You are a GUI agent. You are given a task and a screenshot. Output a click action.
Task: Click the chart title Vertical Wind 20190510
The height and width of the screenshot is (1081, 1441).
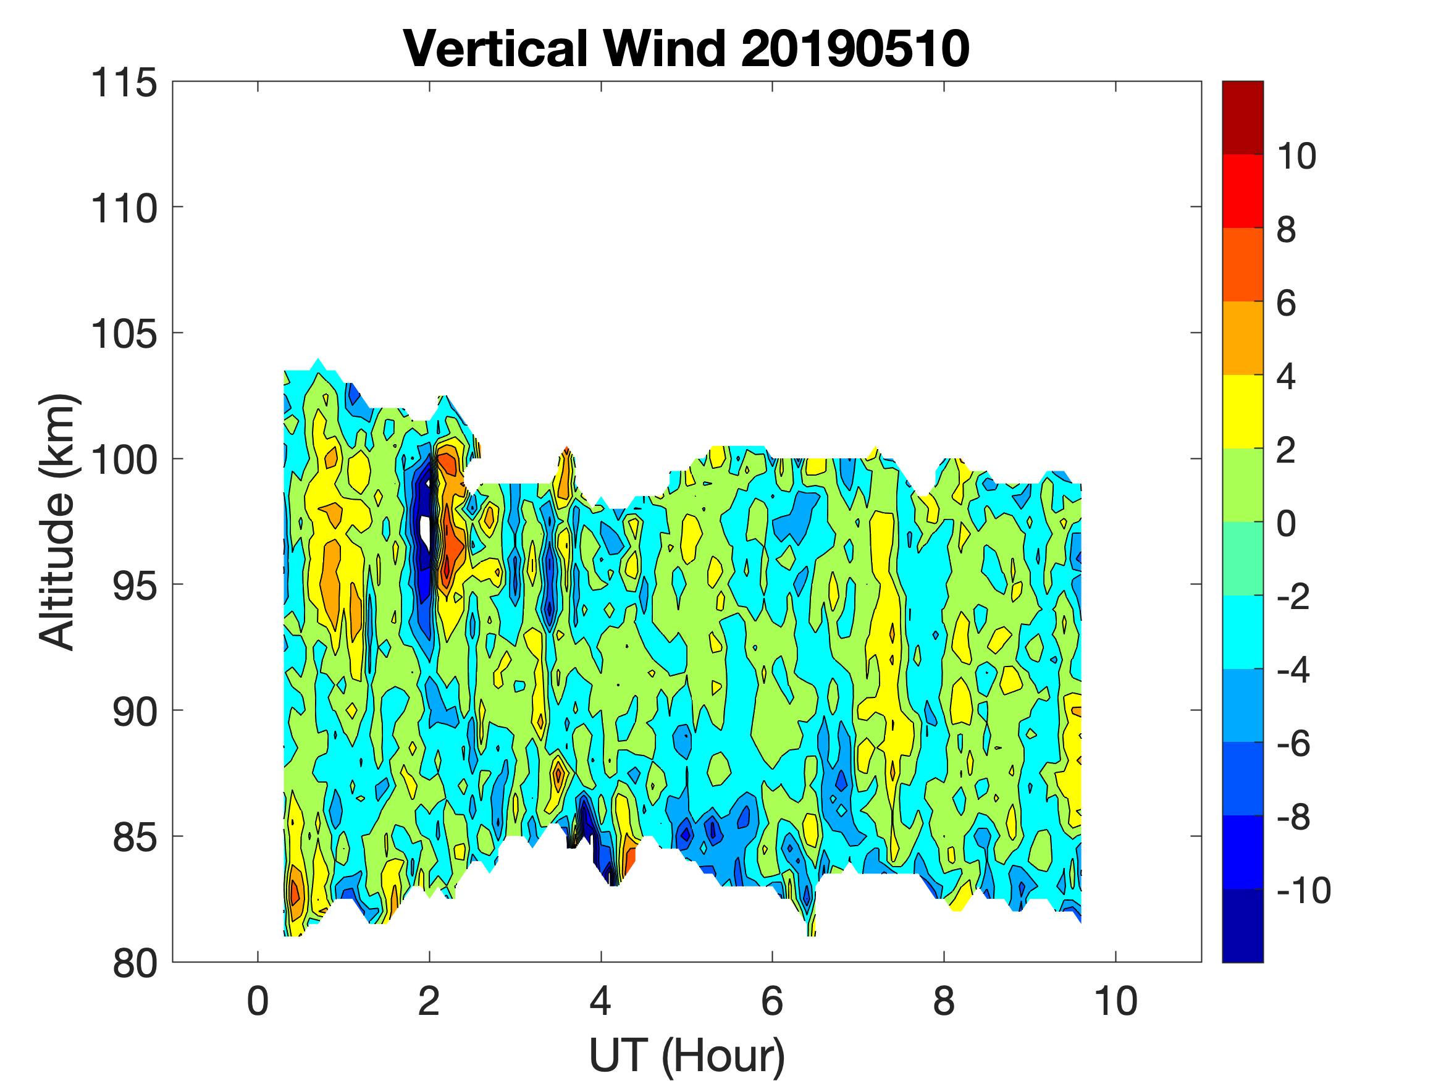[686, 49]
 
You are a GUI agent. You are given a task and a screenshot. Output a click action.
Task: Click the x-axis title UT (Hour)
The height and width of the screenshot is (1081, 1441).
[687, 1056]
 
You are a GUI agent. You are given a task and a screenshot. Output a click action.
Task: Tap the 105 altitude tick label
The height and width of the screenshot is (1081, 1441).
[124, 335]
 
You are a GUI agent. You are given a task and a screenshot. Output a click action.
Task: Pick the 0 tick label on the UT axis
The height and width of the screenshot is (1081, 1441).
[258, 1001]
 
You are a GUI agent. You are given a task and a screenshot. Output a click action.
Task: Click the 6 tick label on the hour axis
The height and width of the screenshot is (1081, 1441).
[772, 1001]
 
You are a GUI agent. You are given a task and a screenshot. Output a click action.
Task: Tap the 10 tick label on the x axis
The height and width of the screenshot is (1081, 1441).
[1117, 1001]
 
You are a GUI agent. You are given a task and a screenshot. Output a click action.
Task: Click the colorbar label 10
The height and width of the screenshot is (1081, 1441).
[1296, 156]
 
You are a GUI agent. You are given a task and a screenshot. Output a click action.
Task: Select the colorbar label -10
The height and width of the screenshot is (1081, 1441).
[1303, 890]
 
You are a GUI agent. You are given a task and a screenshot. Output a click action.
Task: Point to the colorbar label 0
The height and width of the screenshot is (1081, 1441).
[1286, 523]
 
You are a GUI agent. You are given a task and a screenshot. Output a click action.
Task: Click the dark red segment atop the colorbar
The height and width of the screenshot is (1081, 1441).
[1242, 117]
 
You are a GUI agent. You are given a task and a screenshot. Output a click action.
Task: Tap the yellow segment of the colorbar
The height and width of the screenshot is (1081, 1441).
[1242, 411]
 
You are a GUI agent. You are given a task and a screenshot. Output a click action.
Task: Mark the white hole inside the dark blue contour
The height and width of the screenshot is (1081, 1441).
[426, 528]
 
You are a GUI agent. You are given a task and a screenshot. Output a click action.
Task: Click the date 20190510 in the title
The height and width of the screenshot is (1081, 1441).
[855, 49]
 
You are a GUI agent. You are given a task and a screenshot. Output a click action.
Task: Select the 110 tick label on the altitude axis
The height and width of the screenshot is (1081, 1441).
[124, 209]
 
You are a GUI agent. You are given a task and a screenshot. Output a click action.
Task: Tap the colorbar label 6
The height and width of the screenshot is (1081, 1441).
[1286, 303]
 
